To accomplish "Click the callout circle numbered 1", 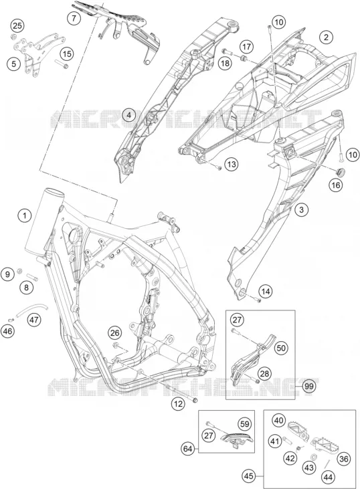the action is (x=25, y=216).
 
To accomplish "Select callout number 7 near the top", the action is (x=74, y=18).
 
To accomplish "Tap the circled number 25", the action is (x=17, y=25).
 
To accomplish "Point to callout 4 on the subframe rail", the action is (x=129, y=115).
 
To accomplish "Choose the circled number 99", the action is (x=308, y=387).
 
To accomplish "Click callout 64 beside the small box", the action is (x=188, y=449).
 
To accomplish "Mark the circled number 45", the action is (x=249, y=476).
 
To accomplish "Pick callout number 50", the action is (x=281, y=348).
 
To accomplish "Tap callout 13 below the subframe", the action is (x=232, y=164).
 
